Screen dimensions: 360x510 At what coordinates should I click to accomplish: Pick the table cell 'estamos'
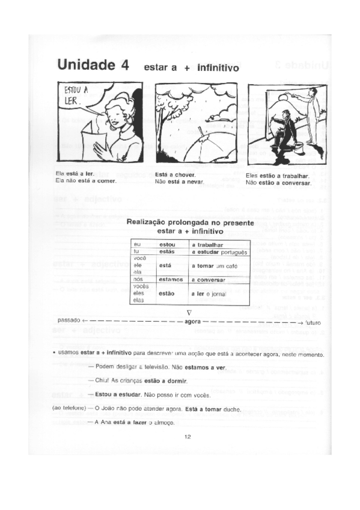coord(171,280)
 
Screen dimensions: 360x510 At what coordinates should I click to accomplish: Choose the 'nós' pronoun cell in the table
coord(138,280)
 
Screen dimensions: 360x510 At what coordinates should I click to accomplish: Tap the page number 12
coord(188,437)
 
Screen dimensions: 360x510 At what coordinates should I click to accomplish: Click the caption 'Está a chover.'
coord(175,175)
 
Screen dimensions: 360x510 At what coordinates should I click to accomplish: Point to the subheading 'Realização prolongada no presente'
coord(190,223)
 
